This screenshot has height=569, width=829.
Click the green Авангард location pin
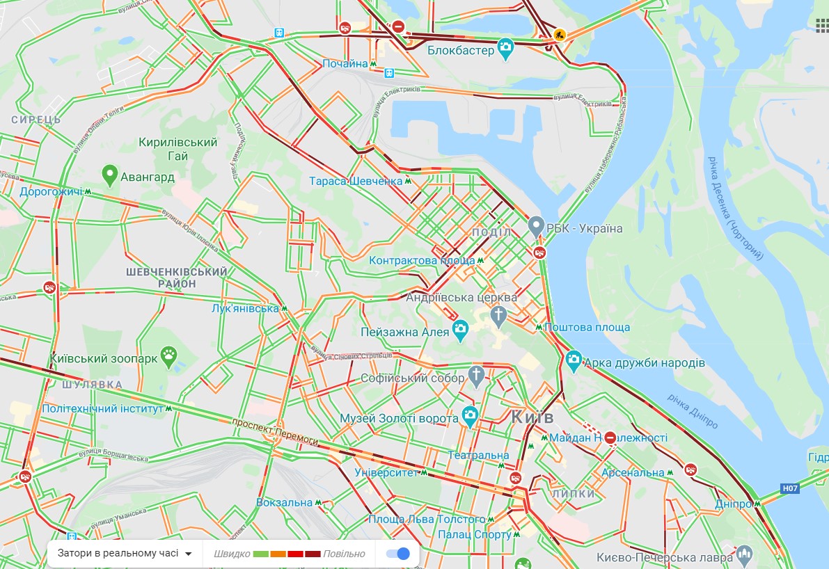pyautogui.click(x=109, y=175)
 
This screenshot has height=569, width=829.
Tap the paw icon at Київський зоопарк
pyautogui.click(x=169, y=358)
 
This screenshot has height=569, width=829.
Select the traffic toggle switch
pyautogui.click(x=397, y=554)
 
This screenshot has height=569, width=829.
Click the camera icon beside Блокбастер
pyautogui.click(x=506, y=49)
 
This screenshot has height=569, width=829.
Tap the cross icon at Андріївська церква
pyautogui.click(x=498, y=316)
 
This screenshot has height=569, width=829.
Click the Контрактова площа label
pyautogui.click(x=422, y=260)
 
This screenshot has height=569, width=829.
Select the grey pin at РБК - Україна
pyautogui.click(x=535, y=226)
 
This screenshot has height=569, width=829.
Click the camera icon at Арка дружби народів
pyautogui.click(x=573, y=360)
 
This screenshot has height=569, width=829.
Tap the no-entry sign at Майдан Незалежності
pyautogui.click(x=610, y=438)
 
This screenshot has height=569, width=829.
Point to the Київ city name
pyautogui.click(x=532, y=417)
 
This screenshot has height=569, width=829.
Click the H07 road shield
pyautogui.click(x=789, y=489)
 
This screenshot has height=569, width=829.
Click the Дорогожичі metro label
pyautogui.click(x=51, y=191)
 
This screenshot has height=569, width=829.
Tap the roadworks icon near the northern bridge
pyautogui.click(x=559, y=33)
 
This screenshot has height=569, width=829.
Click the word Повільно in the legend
pyautogui.click(x=344, y=554)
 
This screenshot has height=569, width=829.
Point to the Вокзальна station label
pyautogui.click(x=284, y=502)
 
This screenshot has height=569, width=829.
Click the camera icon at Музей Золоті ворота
pyautogui.click(x=470, y=417)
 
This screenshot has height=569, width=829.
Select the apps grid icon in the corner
pyautogui.click(x=822, y=24)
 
